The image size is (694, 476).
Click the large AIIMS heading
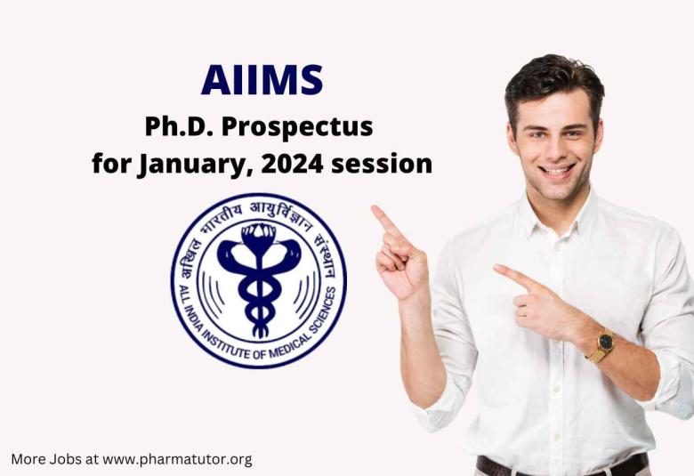click(262, 80)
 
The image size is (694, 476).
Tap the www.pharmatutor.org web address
click(177, 459)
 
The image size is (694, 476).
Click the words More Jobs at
click(54, 459)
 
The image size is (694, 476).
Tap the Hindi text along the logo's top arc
click(258, 211)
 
